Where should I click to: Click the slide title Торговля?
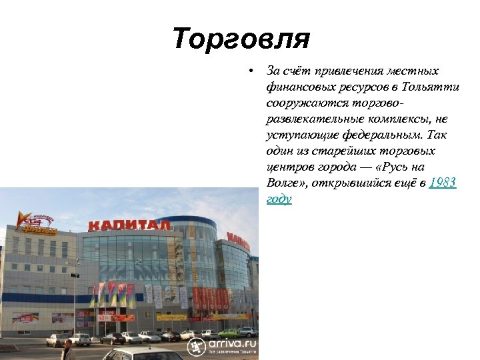[x=241, y=39]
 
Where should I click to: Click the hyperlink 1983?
[x=443, y=183]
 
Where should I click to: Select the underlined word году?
[x=279, y=199]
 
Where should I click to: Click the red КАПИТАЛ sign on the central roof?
[x=130, y=225]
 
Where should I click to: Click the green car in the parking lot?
[x=228, y=332]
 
